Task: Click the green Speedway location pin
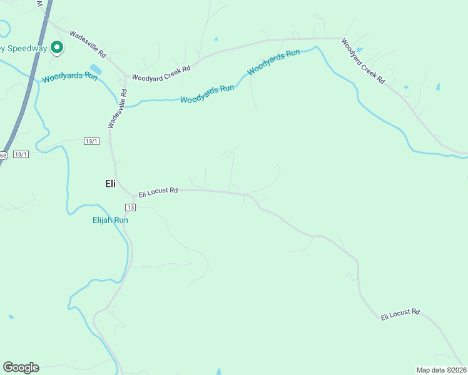(56, 47)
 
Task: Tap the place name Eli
(110, 184)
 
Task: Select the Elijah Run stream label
(110, 220)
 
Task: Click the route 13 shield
(130, 207)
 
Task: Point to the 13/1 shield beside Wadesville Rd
(91, 141)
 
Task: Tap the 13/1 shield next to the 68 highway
(21, 154)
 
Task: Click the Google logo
(21, 367)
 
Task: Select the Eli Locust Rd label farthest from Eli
(400, 314)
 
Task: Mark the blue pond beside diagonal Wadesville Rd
(96, 68)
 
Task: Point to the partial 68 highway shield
(3, 156)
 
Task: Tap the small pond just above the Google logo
(10, 317)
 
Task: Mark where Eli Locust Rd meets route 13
(123, 191)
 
